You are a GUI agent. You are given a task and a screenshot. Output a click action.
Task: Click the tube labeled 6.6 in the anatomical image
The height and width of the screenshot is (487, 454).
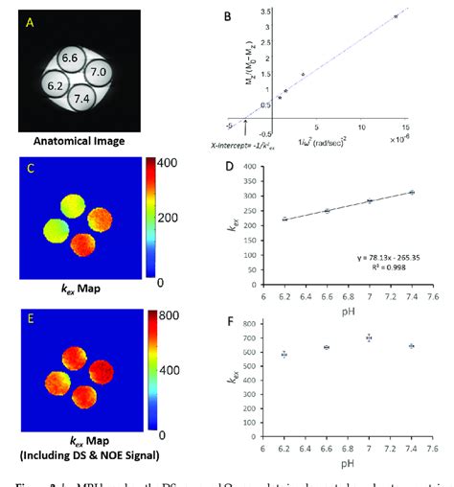tap(70, 59)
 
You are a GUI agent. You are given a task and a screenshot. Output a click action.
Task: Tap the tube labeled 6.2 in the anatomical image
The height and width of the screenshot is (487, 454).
tap(54, 86)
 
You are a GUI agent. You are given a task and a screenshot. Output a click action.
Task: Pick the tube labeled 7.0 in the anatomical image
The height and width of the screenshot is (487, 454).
tap(97, 72)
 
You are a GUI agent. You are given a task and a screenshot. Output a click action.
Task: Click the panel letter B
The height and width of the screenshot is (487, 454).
tap(225, 15)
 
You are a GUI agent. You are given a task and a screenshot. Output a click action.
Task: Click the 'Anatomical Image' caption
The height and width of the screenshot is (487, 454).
tap(75, 141)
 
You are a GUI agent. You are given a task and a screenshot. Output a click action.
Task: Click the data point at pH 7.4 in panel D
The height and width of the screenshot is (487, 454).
tap(412, 193)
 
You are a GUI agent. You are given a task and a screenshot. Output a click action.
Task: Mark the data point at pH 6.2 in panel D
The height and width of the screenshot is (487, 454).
tap(284, 220)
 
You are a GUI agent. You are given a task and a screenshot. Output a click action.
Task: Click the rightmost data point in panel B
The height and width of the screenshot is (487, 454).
tap(395, 16)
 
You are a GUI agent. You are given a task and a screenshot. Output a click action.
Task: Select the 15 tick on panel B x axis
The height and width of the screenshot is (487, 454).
tap(406, 126)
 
